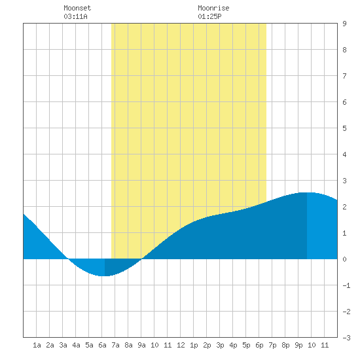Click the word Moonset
[77, 8]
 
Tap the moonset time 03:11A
[75, 16]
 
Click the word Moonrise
[213, 8]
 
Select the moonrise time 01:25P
[209, 16]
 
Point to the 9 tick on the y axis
[344, 24]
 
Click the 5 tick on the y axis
[344, 128]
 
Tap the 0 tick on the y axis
[344, 259]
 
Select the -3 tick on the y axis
[346, 338]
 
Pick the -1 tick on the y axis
[346, 285]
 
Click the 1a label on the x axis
[37, 345]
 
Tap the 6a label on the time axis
[102, 345]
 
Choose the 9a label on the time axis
[141, 345]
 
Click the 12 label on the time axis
[181, 345]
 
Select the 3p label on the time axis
[220, 345]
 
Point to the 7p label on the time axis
[272, 345]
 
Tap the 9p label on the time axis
[298, 345]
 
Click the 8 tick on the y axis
[344, 50]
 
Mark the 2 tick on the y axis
[344, 207]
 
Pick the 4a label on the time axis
[76, 345]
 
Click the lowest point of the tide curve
[105, 276]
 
